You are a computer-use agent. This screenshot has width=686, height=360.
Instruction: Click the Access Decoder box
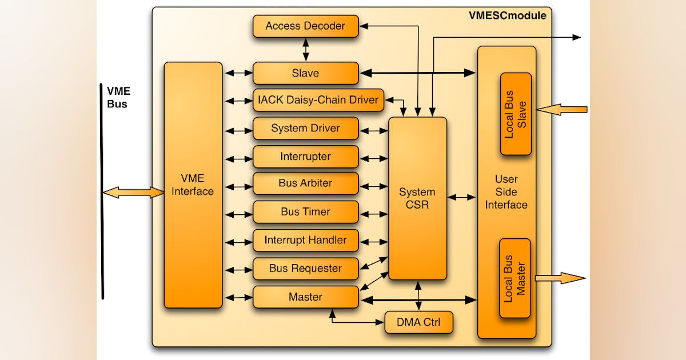[x=306, y=26]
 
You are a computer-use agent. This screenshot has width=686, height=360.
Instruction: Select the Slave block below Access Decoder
[x=306, y=73]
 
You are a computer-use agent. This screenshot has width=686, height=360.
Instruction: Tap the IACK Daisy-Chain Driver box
[x=318, y=101]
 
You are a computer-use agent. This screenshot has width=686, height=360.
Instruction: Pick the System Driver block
[x=306, y=128]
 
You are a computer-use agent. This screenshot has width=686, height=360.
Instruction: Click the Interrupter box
[x=306, y=157]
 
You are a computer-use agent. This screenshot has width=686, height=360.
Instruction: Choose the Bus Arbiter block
[x=306, y=183]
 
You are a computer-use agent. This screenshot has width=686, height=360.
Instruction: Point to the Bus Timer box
[x=306, y=212]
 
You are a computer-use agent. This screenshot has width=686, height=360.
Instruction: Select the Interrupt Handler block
[x=306, y=241]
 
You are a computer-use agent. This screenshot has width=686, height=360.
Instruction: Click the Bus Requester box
[x=306, y=269]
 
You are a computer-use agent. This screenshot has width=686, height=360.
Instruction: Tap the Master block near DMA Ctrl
[x=306, y=297]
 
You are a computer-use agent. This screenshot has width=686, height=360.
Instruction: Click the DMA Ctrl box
[x=418, y=322]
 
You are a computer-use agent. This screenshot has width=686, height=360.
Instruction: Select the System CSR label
[x=417, y=198]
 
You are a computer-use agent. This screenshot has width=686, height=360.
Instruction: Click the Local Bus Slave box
[x=516, y=114]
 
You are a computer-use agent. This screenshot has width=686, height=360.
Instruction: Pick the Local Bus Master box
[x=514, y=278]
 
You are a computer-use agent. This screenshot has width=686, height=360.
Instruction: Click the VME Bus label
[x=118, y=97]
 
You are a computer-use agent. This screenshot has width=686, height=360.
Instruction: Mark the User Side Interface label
[x=506, y=192]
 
